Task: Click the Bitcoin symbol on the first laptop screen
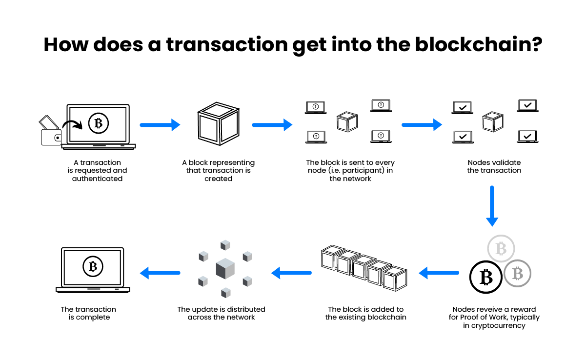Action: pos(99,123)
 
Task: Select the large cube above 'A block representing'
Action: pos(219,123)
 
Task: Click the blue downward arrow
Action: pos(492,206)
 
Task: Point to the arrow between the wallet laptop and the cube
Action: pos(160,125)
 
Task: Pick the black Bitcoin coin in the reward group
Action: pos(485,277)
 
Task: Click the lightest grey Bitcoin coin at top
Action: pos(501,248)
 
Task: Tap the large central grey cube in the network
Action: pos(225,268)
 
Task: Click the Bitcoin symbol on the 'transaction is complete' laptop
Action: pos(93,266)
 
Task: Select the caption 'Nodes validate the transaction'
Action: pos(494,166)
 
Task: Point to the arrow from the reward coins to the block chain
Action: pos(439,273)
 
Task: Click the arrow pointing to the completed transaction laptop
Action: pos(160,273)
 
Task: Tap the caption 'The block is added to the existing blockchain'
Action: pos(366,313)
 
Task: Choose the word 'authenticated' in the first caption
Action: pos(97,179)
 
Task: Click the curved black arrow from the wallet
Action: pos(73,125)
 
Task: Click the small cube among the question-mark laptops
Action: pos(347,121)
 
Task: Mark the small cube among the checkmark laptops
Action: pos(493,121)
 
